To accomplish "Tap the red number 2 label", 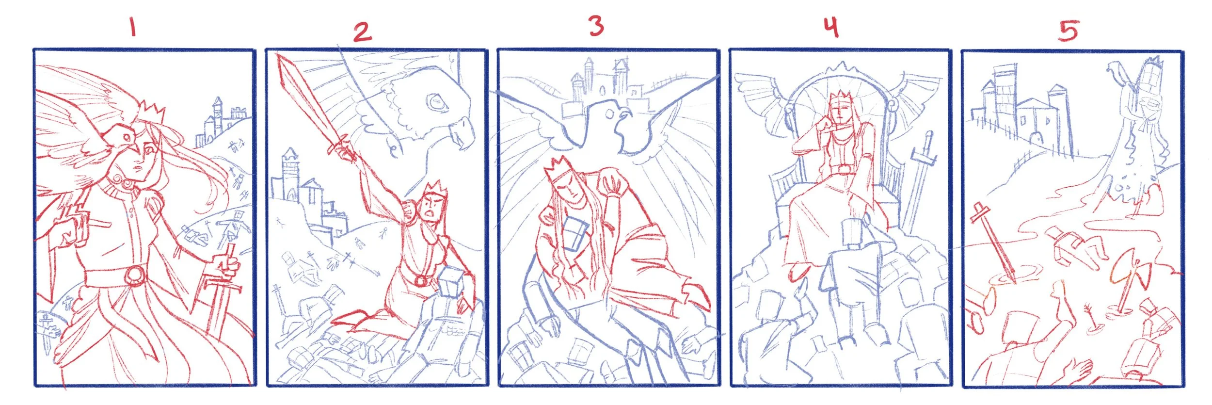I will [x=362, y=32].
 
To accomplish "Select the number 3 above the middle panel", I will [x=596, y=26].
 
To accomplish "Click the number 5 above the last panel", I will [x=1068, y=31].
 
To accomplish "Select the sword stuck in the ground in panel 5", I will [x=996, y=247].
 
